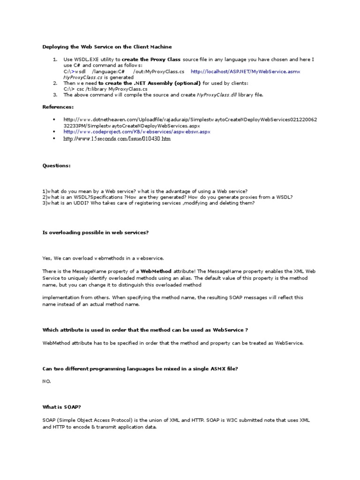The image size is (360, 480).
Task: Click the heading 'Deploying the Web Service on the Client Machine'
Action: (x=107, y=47)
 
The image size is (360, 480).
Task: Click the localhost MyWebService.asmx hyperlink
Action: (x=245, y=72)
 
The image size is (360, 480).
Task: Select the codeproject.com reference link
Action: (x=137, y=132)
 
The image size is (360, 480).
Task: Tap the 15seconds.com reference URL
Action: (x=117, y=139)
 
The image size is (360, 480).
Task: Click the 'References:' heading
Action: (x=58, y=107)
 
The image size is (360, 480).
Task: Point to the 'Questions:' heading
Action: (x=57, y=165)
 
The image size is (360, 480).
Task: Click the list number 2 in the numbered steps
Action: (x=54, y=83)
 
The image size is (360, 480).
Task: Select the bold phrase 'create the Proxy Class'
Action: (x=151, y=60)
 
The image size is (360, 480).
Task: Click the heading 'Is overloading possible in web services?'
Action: (x=96, y=233)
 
